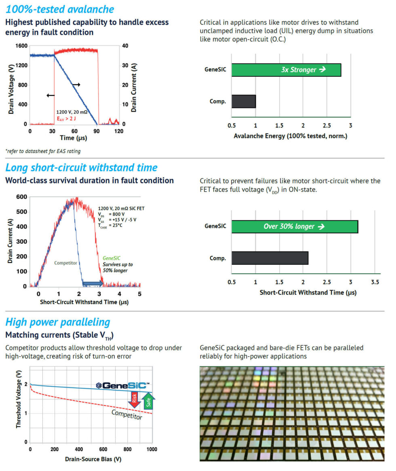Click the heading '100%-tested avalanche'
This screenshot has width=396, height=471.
tap(60, 9)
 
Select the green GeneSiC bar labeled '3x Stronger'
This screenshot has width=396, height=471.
tap(286, 70)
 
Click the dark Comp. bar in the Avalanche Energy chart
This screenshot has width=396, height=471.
tap(244, 101)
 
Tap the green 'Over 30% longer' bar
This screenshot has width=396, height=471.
tap(295, 227)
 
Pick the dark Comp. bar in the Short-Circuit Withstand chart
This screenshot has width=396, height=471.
tap(270, 258)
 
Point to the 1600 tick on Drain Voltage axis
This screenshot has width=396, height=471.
tap(21, 46)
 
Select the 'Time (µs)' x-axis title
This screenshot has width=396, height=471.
tap(73, 138)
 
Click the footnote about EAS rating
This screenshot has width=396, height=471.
tap(43, 151)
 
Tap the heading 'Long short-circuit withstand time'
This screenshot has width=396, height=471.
tap(81, 168)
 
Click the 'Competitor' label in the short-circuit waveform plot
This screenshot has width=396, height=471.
tap(65, 263)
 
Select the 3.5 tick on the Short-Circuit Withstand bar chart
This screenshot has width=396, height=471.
tap(375, 281)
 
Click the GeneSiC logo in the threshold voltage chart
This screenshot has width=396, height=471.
tap(123, 385)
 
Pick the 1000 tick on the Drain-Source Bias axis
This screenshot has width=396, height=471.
tap(152, 449)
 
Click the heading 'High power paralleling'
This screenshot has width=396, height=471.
tap(58, 322)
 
